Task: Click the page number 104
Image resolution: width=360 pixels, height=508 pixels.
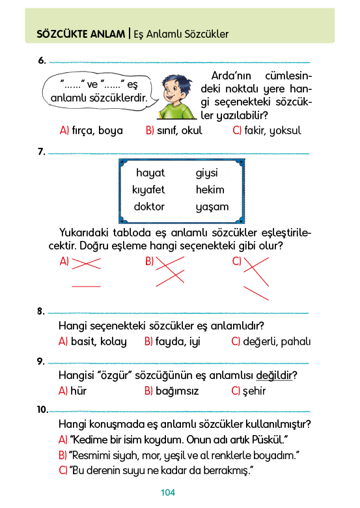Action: coord(168,492)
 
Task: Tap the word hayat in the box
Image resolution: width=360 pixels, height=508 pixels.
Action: coord(150,173)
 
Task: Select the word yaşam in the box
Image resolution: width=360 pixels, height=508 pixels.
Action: coord(212,207)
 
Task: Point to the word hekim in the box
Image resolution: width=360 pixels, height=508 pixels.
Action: coord(210,190)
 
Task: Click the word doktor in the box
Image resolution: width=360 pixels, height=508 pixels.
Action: coord(149,206)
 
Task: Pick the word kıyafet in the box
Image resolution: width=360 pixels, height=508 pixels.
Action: coord(148,190)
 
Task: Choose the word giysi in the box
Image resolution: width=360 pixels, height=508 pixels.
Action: coord(206,173)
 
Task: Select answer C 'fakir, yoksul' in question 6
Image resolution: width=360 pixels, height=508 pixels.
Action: coord(267,130)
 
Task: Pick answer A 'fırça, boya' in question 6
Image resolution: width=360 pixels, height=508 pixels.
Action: coord(91,130)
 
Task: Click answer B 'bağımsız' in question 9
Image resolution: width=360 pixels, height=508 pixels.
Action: coord(172,391)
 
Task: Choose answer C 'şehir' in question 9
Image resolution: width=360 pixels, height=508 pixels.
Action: coord(248,391)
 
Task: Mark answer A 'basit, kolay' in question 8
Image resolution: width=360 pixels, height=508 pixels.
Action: coord(92,342)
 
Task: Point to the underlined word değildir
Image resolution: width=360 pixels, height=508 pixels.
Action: coord(274,376)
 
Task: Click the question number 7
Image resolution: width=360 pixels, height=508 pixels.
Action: coord(42,152)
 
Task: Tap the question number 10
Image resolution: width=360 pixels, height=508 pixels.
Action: coord(42,410)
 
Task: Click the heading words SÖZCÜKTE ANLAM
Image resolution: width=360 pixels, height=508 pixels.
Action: coord(81,34)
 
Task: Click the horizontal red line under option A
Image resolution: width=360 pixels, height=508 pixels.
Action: coord(86,287)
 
